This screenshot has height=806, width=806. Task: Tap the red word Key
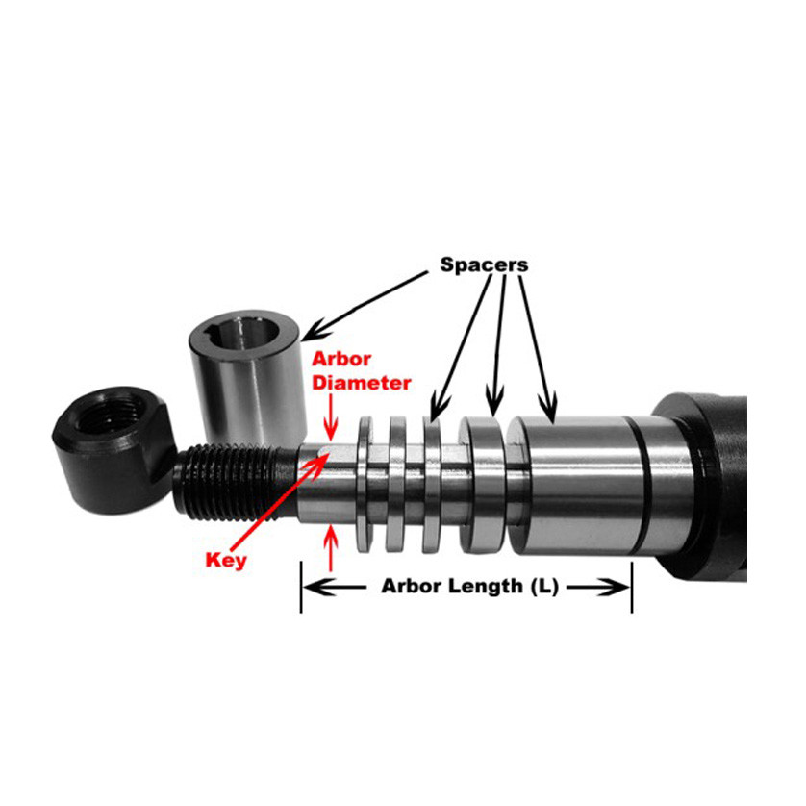coord(226,560)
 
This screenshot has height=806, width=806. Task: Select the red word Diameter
coord(361,382)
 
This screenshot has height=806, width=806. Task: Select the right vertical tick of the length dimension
coord(631,586)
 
